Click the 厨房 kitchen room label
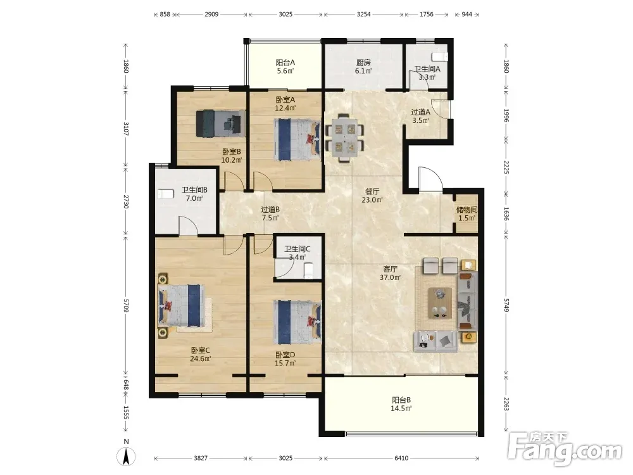[363, 62]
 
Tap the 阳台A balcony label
[285, 62]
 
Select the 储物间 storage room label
[467, 210]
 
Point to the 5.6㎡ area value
[285, 71]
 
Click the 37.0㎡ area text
[390, 277]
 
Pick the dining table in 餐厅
[344, 137]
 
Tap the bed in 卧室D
[298, 322]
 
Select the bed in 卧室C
[181, 305]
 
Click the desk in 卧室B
[221, 123]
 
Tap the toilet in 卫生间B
[165, 194]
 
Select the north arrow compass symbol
[126, 455]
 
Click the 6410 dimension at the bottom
[401, 458]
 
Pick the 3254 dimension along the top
[364, 14]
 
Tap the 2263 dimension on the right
[506, 403]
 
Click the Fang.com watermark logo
[565, 448]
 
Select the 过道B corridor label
[270, 209]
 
